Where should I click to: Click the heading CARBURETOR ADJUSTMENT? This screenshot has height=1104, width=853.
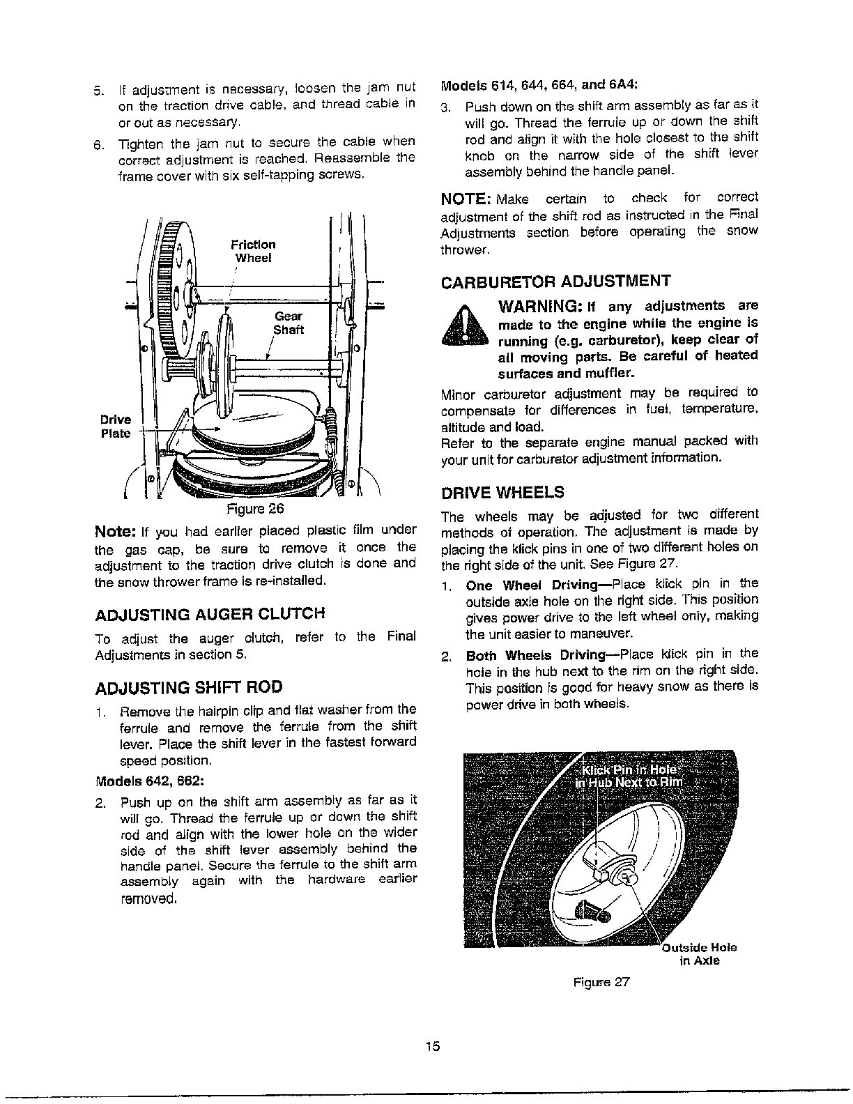(x=555, y=281)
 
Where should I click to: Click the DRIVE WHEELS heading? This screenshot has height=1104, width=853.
(x=502, y=493)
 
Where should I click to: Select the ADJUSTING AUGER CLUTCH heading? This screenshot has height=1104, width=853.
(x=209, y=614)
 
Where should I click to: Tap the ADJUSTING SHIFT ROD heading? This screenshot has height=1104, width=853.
(x=188, y=687)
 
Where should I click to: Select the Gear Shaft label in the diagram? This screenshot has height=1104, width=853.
(x=288, y=323)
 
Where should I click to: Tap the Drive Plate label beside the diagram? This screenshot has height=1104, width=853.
(x=115, y=426)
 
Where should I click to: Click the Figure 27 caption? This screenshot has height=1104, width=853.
(x=601, y=983)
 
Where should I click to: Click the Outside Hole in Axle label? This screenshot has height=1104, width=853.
(x=699, y=954)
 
